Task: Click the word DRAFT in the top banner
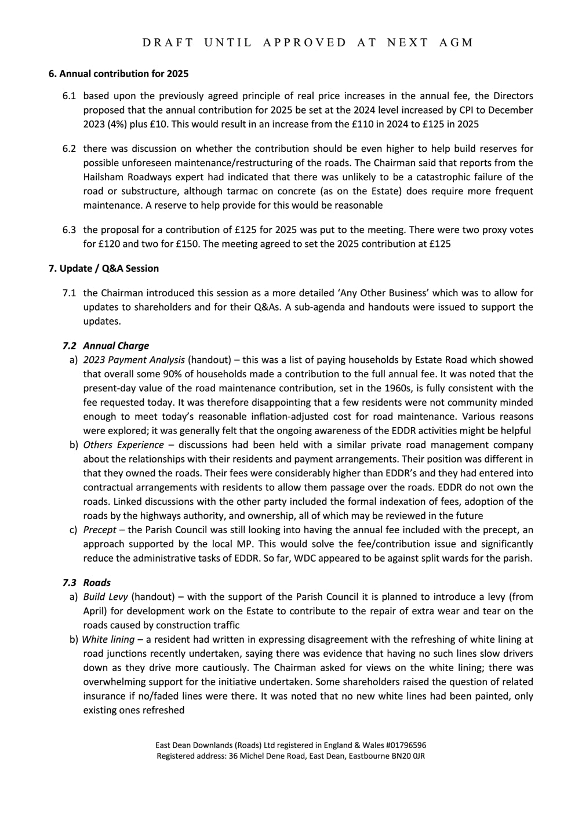pos(167,42)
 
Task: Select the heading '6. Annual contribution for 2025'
pos(118,74)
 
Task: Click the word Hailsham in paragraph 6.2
pos(103,177)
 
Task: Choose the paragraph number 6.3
pos(69,230)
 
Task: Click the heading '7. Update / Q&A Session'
pos(103,268)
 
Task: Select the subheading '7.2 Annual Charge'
pos(106,346)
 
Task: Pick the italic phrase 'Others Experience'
pos(123,445)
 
